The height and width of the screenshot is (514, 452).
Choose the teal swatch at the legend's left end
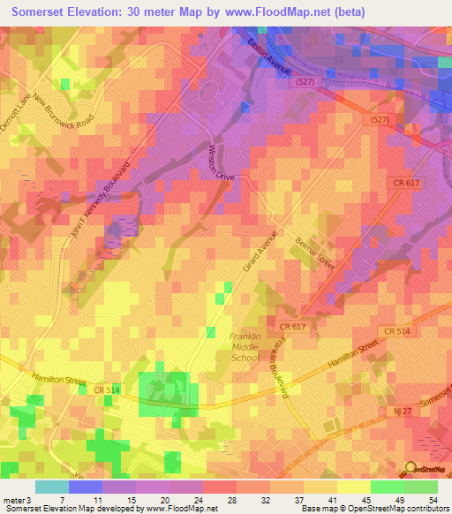(51, 487)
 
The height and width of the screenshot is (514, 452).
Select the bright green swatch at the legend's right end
(421, 487)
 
